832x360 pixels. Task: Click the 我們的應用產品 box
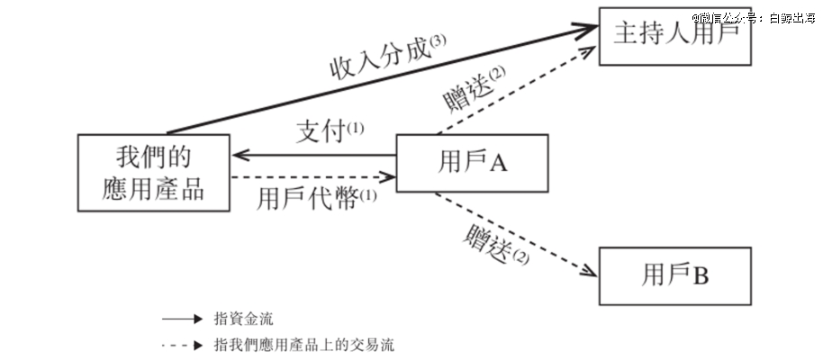(x=153, y=172)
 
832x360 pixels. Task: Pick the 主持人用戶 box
(x=674, y=35)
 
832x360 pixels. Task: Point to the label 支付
(x=321, y=132)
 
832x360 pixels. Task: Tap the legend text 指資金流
(x=243, y=319)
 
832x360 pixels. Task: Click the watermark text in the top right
(x=758, y=17)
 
